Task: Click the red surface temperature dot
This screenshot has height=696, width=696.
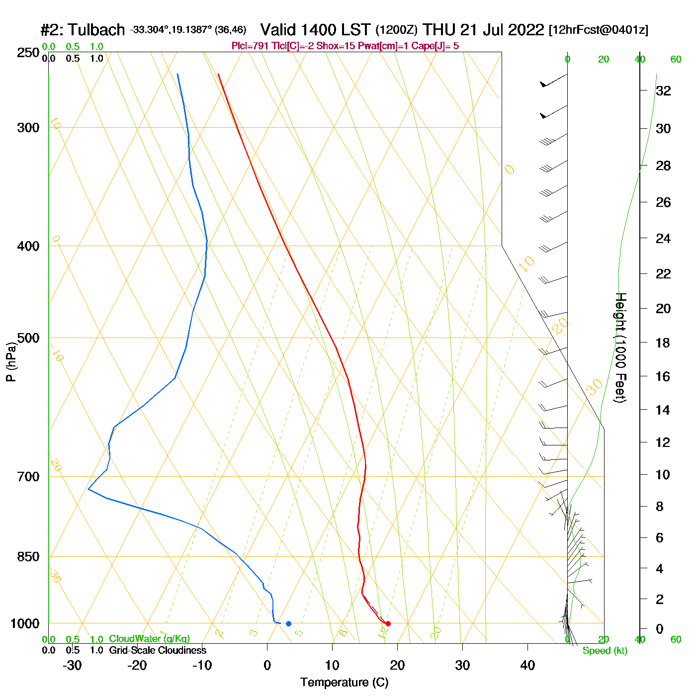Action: pos(388,623)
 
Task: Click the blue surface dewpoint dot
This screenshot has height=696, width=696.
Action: pos(288,623)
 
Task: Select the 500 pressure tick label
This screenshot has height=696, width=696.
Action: pos(28,338)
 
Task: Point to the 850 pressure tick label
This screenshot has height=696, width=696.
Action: pos(28,557)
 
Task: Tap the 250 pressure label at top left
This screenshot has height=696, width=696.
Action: pos(28,53)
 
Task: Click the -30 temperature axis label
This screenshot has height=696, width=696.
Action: pos(72,665)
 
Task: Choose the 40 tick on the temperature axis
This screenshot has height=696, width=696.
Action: pos(527,665)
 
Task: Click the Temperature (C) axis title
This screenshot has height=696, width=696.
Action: pos(344,683)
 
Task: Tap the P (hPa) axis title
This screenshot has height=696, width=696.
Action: pos(11,361)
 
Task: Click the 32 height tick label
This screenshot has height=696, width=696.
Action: pos(663,90)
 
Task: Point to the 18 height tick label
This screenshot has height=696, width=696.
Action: pos(663,343)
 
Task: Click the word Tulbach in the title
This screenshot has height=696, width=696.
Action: pos(96,30)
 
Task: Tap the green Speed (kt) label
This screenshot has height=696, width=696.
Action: pos(605,651)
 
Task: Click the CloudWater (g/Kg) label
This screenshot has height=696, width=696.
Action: pos(149,639)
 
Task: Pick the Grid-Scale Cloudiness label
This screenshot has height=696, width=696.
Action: pos(158,650)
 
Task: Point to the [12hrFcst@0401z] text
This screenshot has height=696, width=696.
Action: pos(598,30)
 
